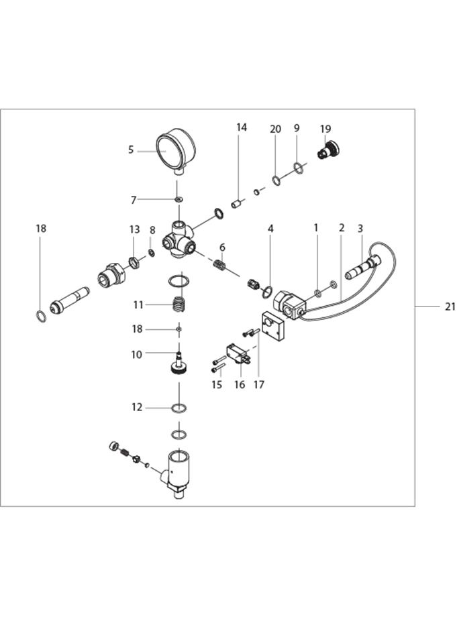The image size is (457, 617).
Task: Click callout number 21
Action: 449,306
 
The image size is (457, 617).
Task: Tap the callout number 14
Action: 242,127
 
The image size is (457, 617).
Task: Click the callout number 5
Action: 131,150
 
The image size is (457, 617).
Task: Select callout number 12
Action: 137,407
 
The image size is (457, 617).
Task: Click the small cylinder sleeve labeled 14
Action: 236,203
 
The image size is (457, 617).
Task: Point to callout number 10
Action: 137,354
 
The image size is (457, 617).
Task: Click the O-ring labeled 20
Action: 276,179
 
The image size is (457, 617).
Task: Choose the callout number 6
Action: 222,247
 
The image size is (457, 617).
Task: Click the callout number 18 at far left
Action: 41,229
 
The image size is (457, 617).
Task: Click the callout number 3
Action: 360,229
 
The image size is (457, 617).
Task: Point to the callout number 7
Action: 134,199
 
